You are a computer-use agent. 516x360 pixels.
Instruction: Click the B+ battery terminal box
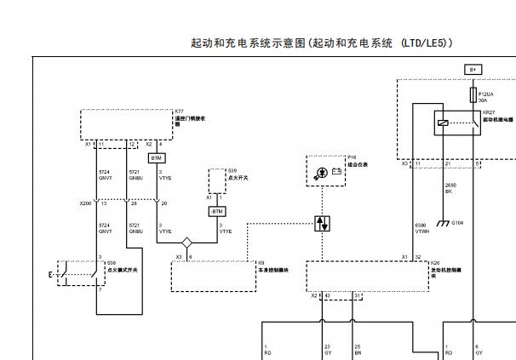[x=473, y=69]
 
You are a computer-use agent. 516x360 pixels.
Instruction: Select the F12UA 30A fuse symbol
[x=473, y=94]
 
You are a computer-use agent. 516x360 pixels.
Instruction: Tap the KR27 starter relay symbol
[x=456, y=123]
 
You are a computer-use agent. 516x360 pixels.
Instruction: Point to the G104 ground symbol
[x=443, y=222]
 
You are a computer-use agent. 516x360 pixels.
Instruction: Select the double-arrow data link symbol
[x=322, y=224]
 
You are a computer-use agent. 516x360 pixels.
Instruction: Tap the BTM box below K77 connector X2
[x=156, y=158]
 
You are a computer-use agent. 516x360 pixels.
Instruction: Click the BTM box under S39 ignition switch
[x=217, y=211]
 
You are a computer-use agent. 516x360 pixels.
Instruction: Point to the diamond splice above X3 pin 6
[x=186, y=243]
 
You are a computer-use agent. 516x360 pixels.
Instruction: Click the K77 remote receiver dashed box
[x=125, y=124]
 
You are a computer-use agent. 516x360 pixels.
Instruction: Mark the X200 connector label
[x=85, y=203]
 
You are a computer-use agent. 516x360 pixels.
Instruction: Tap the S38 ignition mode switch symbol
[x=72, y=272]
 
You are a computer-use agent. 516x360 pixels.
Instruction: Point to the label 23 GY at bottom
[x=328, y=348]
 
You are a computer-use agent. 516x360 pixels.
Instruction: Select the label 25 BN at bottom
[x=358, y=348]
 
